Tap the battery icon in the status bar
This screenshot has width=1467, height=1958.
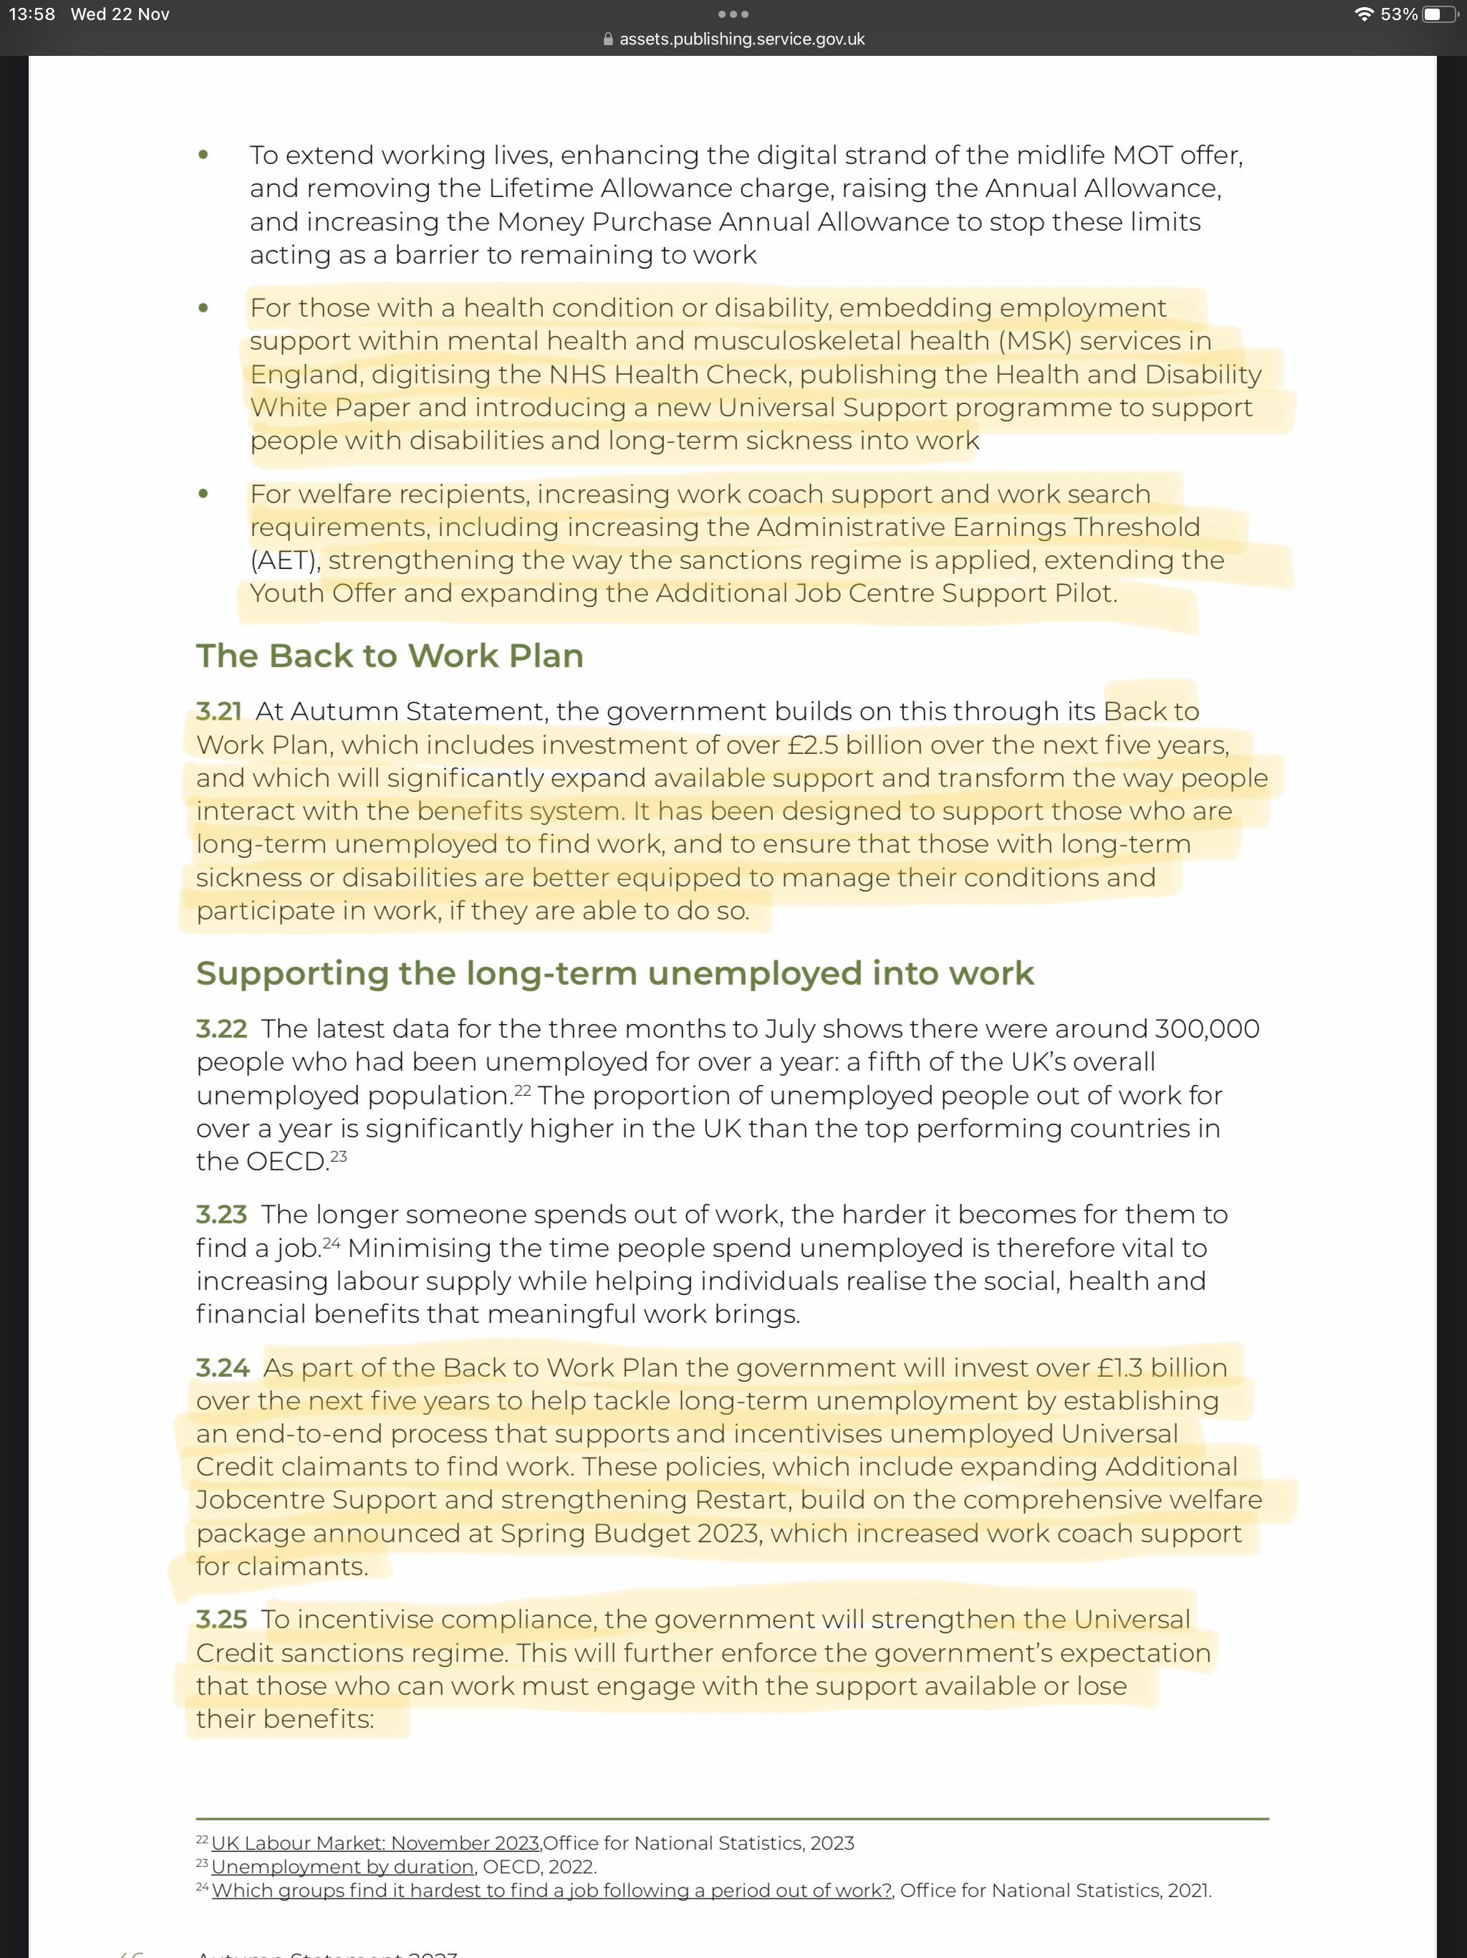[x=1440, y=14]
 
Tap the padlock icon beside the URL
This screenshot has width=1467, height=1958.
[x=608, y=39]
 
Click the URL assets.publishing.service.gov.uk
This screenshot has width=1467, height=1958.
[x=741, y=39]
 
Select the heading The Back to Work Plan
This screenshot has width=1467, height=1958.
[x=389, y=656]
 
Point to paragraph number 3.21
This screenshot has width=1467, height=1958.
[x=218, y=711]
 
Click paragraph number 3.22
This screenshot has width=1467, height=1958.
[x=221, y=1028]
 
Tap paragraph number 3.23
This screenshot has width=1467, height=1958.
[x=221, y=1215]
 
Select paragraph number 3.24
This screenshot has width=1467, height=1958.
[x=223, y=1367]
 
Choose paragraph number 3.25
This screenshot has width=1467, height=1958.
[x=221, y=1619]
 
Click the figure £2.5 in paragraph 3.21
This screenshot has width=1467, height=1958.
[x=812, y=745]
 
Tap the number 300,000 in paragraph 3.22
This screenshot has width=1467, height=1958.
[x=1206, y=1028]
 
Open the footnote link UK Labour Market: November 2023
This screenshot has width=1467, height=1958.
[x=375, y=1843]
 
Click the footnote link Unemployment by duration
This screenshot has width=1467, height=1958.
[x=342, y=1867]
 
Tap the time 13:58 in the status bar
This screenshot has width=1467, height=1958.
[x=32, y=14]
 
